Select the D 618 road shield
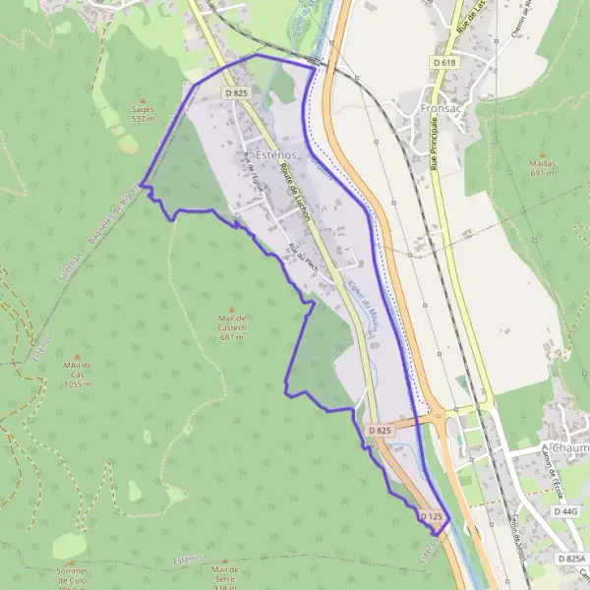coord(444,62)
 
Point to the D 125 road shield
coord(434,515)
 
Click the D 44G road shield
coord(565,511)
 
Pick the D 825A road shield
coord(570,559)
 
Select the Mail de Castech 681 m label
coord(232,327)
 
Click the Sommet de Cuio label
coord(73,574)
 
